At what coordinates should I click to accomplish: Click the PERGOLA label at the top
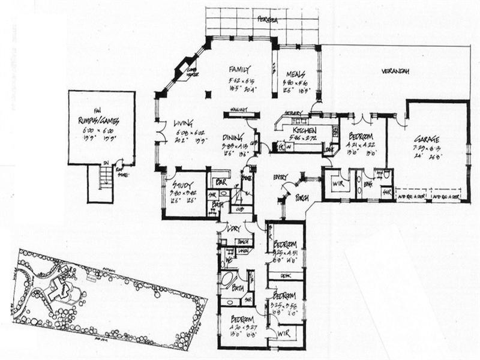(268, 19)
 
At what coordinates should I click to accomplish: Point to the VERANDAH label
(395, 72)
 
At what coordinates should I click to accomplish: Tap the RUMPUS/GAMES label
(98, 120)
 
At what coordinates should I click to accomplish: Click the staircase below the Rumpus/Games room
(105, 178)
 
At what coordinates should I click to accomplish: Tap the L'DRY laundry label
(233, 229)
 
